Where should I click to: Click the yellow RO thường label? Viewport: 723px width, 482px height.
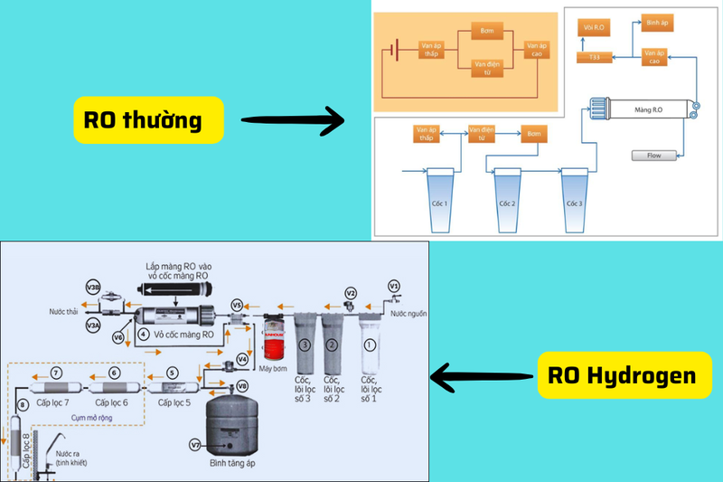(149, 120)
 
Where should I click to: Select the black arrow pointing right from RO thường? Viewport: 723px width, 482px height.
(294, 118)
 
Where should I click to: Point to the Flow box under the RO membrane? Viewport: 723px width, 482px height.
(653, 155)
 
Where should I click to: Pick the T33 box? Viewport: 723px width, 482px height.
(595, 58)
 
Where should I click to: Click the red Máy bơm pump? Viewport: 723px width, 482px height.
(272, 339)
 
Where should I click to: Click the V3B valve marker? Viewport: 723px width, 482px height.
(93, 287)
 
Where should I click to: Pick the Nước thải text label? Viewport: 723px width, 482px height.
(65, 312)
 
